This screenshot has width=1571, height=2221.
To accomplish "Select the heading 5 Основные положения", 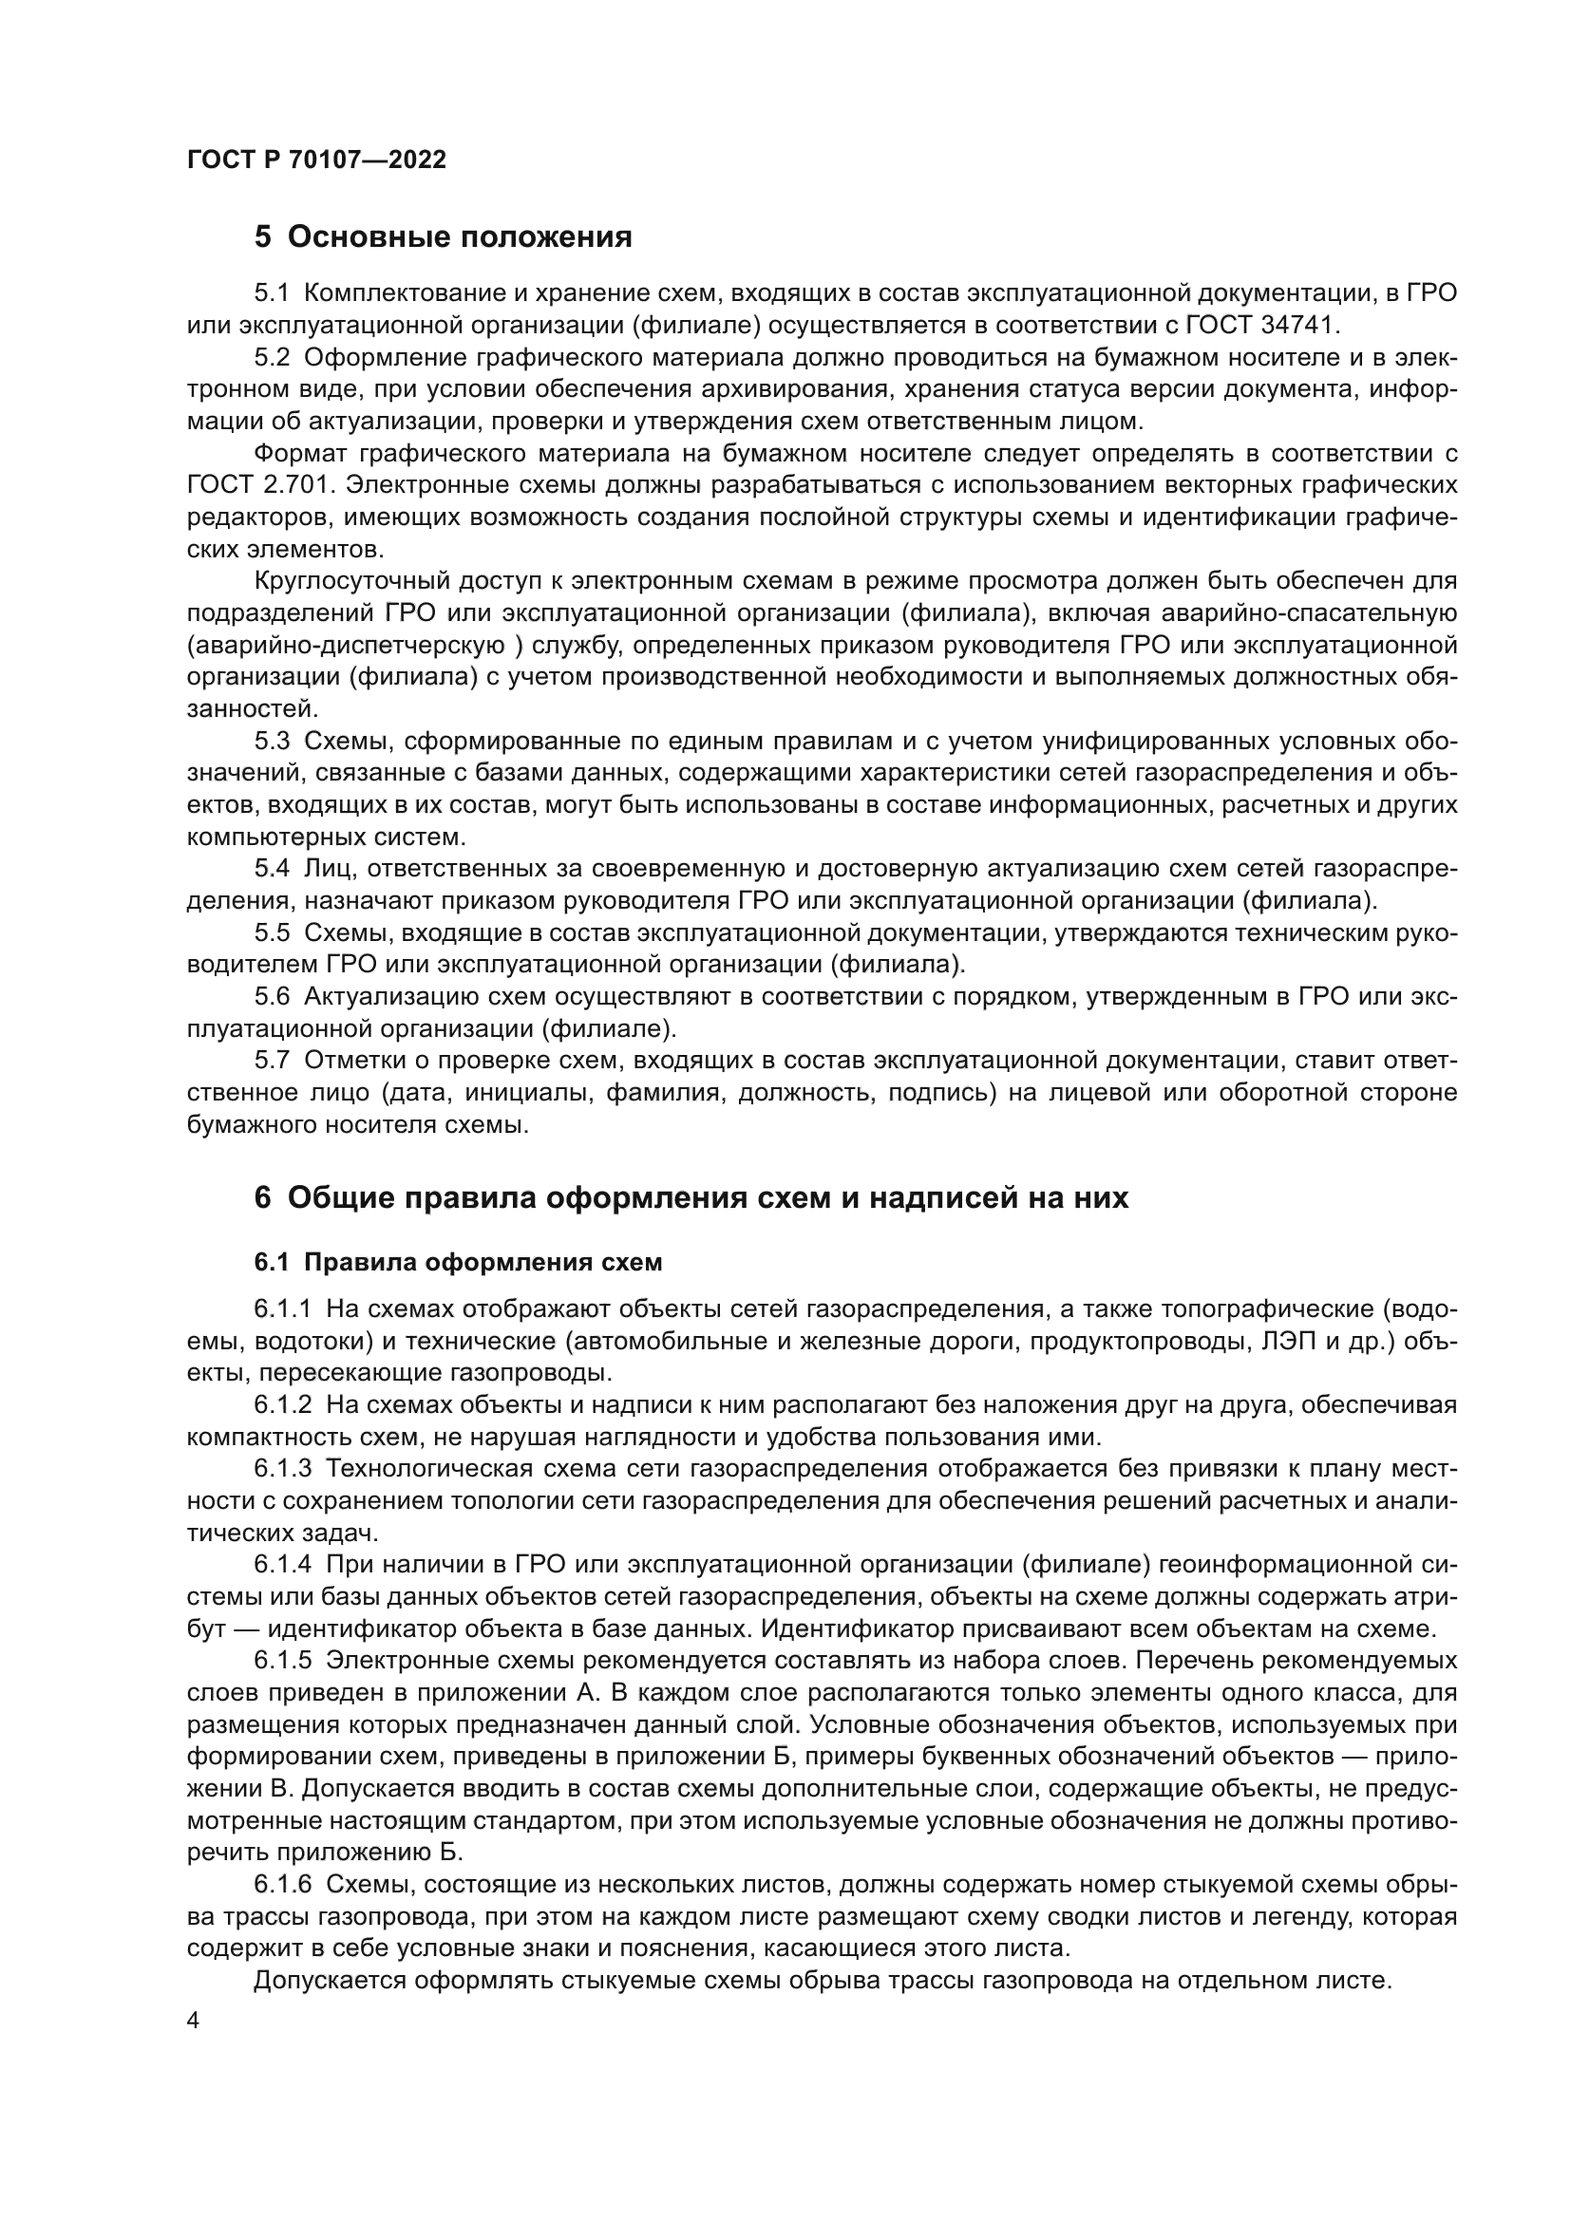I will [x=443, y=236].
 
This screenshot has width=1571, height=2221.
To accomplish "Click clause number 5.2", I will [x=272, y=357].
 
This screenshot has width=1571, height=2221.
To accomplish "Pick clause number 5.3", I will [x=272, y=741].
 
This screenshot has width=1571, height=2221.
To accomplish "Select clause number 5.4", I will [x=272, y=869].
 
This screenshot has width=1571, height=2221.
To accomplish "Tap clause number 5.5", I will [x=272, y=932].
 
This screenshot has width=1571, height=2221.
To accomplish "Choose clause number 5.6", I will [x=272, y=996].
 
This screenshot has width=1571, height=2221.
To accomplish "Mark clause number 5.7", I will [x=272, y=1061].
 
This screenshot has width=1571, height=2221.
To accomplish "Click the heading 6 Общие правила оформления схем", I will [x=691, y=1197].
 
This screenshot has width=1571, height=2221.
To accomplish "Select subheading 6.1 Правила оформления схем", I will [x=459, y=1262].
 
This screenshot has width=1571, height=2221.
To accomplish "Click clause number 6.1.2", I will [x=282, y=1404].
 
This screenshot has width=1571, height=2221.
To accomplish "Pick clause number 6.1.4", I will [x=282, y=1564].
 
